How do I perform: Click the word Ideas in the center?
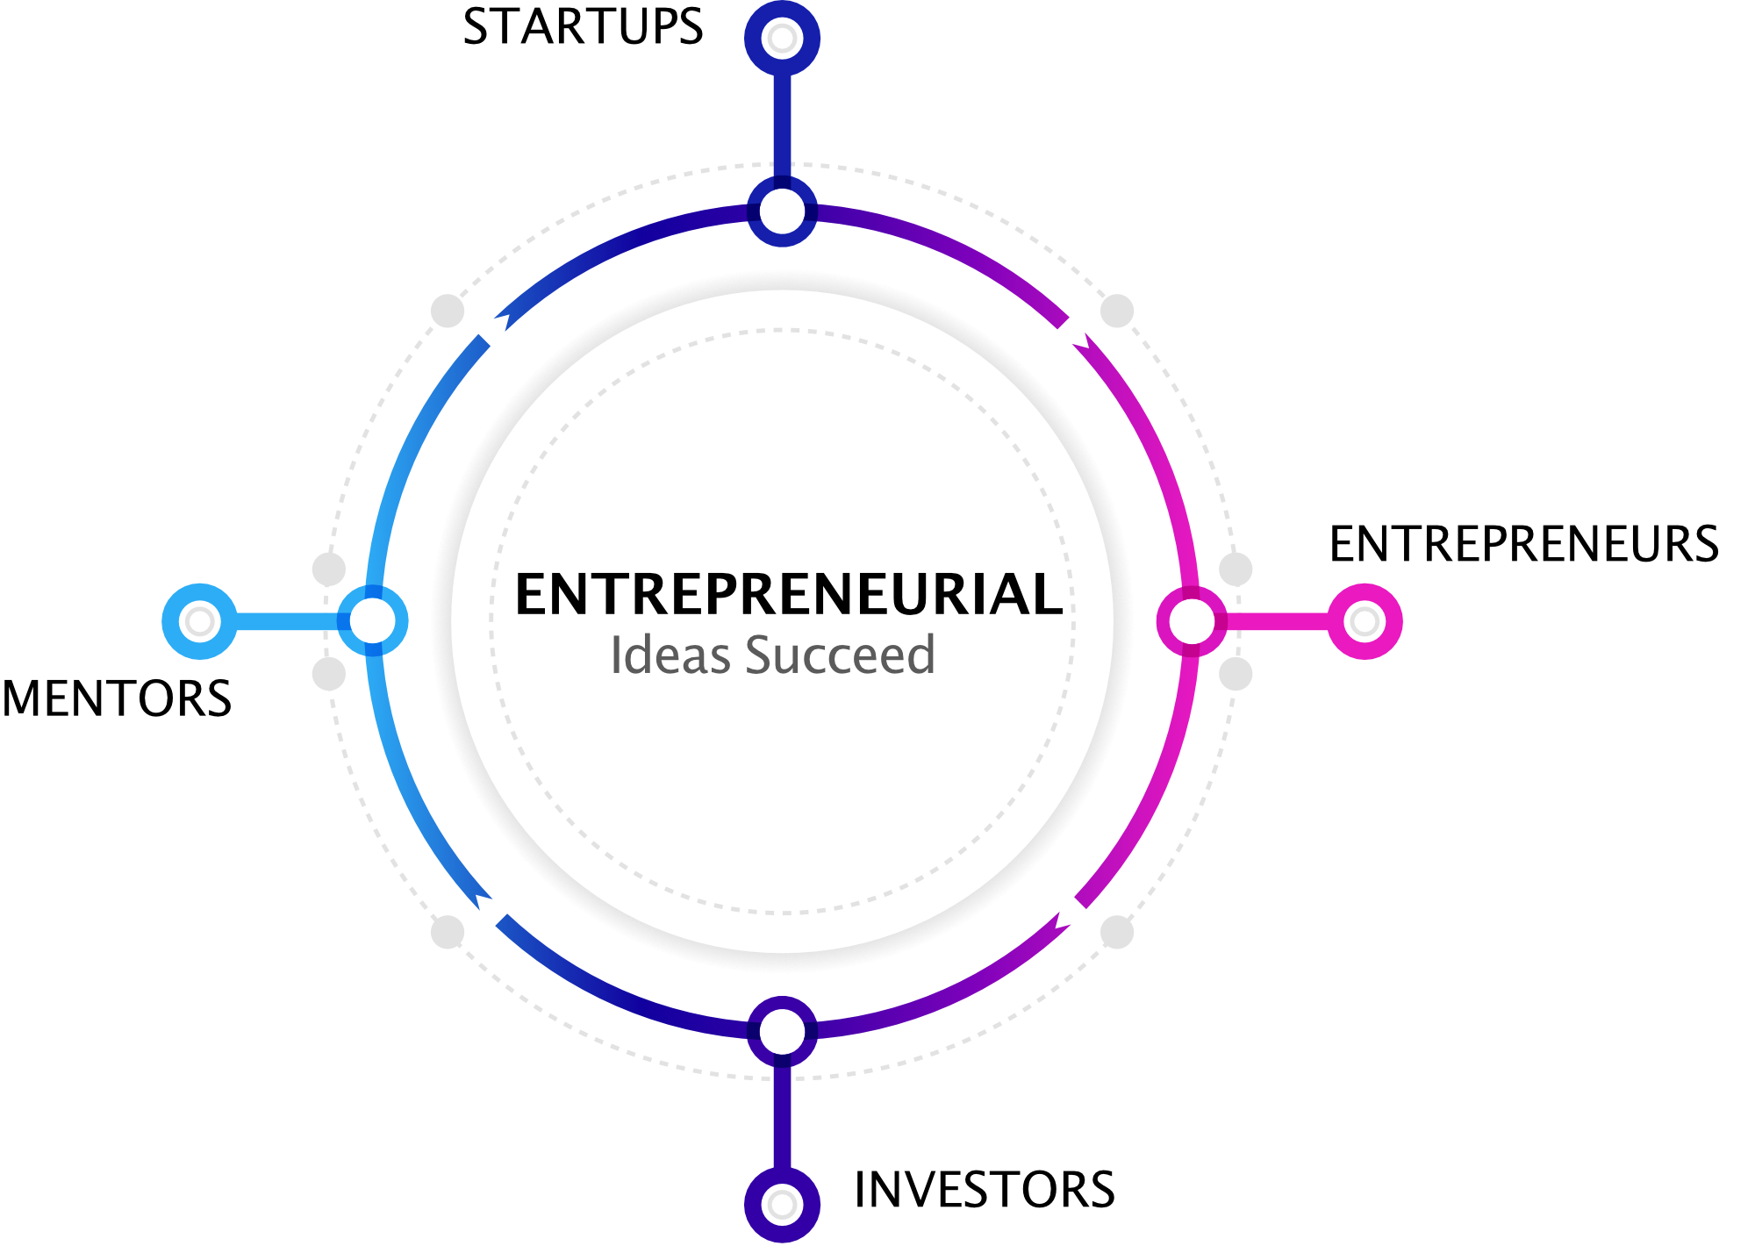pos(670,655)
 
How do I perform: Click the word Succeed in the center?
pos(840,655)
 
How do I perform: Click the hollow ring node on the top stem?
pos(782,211)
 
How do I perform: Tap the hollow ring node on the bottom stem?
pos(782,1031)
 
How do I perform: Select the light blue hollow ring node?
pos(373,621)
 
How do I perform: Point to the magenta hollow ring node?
pos(1191,621)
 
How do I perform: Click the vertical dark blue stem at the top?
pos(782,123)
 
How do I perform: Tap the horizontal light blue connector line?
pos(285,621)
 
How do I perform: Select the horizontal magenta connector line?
pos(1277,621)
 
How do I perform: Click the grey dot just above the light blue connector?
pos(329,569)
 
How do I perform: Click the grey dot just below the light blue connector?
pos(329,674)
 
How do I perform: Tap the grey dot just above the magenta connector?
pos(1236,569)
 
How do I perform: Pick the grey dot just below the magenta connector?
pos(1236,674)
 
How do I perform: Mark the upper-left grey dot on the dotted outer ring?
pos(448,311)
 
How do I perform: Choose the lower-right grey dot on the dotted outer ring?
pos(1117,932)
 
